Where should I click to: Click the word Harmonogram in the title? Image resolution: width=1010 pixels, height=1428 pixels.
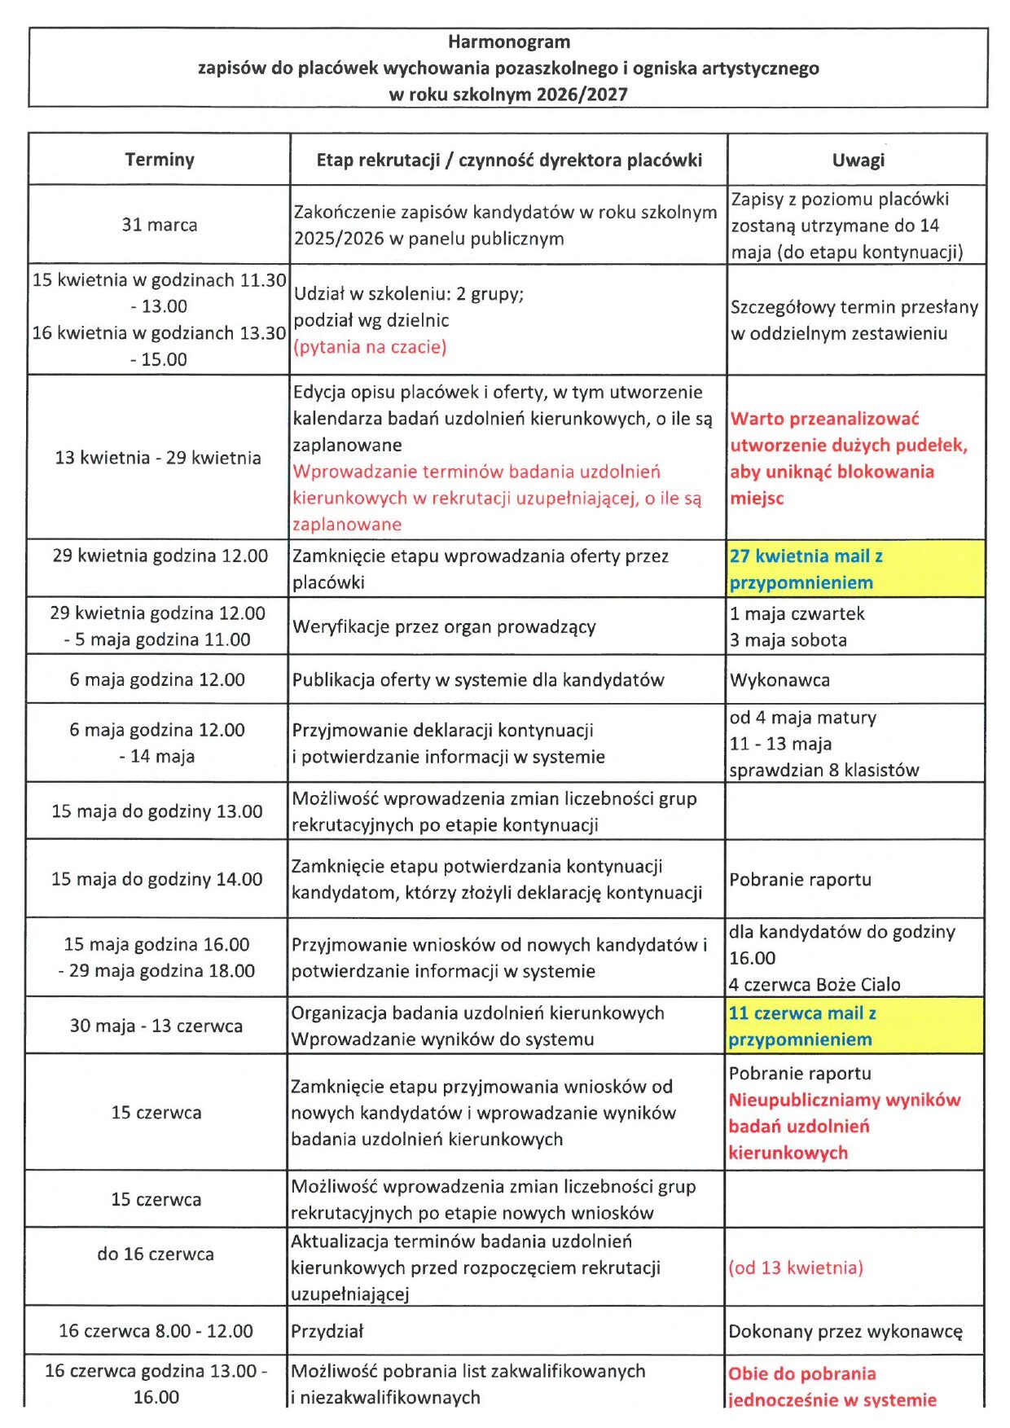pyautogui.click(x=509, y=42)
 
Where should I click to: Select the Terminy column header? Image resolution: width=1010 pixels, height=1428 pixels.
pyautogui.click(x=160, y=160)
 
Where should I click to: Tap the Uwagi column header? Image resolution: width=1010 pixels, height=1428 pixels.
pyautogui.click(x=858, y=160)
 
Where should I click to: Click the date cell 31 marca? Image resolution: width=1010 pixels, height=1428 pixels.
pyautogui.click(x=160, y=225)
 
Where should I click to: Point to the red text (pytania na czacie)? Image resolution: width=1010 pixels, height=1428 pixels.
pyautogui.click(x=370, y=347)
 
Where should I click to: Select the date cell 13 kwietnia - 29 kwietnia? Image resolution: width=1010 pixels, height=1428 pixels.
pyautogui.click(x=158, y=458)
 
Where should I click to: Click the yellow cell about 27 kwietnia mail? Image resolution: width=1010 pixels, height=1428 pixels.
pyautogui.click(x=855, y=569)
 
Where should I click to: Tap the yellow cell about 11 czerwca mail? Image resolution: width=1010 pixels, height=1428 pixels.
pyautogui.click(x=854, y=1026)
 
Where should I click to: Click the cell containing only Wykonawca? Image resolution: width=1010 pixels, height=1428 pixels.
pyautogui.click(x=779, y=680)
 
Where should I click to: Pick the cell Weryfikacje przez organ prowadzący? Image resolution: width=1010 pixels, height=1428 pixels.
pyautogui.click(x=444, y=627)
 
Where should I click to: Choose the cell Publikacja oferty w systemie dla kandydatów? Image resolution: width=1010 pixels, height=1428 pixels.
pyautogui.click(x=478, y=680)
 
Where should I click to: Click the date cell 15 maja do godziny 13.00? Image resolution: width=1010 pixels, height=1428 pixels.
pyautogui.click(x=157, y=811)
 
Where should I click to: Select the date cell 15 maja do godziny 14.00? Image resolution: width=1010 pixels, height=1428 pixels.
pyautogui.click(x=157, y=880)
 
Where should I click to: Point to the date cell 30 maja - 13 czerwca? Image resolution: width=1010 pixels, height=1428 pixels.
pyautogui.click(x=156, y=1026)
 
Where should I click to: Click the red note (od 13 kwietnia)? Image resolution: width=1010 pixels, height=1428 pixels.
pyautogui.click(x=796, y=1268)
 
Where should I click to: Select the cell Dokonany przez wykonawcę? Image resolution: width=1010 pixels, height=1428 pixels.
pyautogui.click(x=845, y=1332)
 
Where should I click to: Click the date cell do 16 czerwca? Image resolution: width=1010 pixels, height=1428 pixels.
pyautogui.click(x=156, y=1254)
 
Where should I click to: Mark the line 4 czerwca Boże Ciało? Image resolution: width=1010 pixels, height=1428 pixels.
pyautogui.click(x=815, y=985)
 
